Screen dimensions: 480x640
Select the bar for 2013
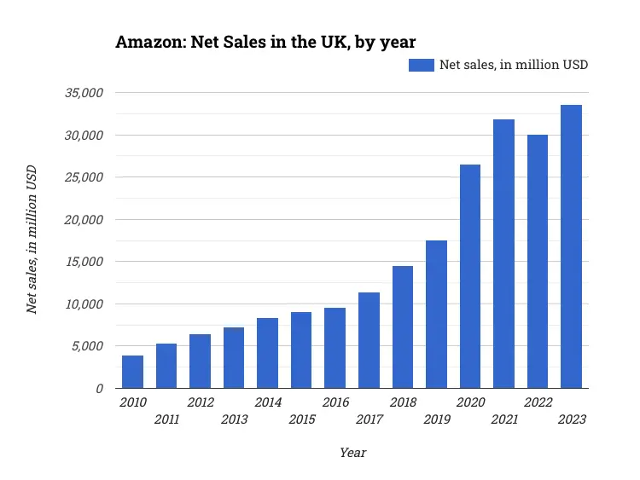pyautogui.click(x=234, y=357)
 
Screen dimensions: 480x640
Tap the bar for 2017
pyautogui.click(x=369, y=340)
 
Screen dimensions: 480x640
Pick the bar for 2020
pyautogui.click(x=470, y=276)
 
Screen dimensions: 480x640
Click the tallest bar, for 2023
pyautogui.click(x=571, y=246)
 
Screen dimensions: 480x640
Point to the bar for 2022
pyautogui.click(x=538, y=261)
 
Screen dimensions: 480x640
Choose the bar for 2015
pyautogui.click(x=301, y=350)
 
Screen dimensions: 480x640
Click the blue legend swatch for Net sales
pyautogui.click(x=422, y=65)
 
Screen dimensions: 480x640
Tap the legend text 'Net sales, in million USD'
pyautogui.click(x=513, y=65)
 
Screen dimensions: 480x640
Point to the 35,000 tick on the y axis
pyautogui.click(x=84, y=93)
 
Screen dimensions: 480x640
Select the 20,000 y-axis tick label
pyautogui.click(x=84, y=219)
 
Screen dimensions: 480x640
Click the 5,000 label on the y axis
pyautogui.click(x=87, y=346)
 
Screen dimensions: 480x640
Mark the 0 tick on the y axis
pyautogui.click(x=99, y=388)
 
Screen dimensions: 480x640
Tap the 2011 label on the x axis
pyautogui.click(x=166, y=419)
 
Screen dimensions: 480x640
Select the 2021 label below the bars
pyautogui.click(x=503, y=419)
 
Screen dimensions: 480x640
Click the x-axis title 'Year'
pyautogui.click(x=352, y=453)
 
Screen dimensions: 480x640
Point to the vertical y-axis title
pyautogui.click(x=32, y=240)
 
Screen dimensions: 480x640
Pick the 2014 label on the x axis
pyautogui.click(x=268, y=402)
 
